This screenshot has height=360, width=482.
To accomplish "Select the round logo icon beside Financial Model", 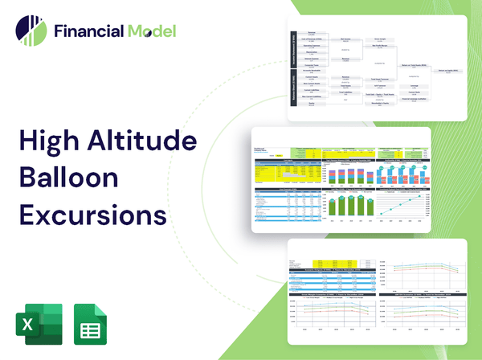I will (30, 31).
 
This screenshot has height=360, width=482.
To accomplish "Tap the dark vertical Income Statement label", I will (292, 50).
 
